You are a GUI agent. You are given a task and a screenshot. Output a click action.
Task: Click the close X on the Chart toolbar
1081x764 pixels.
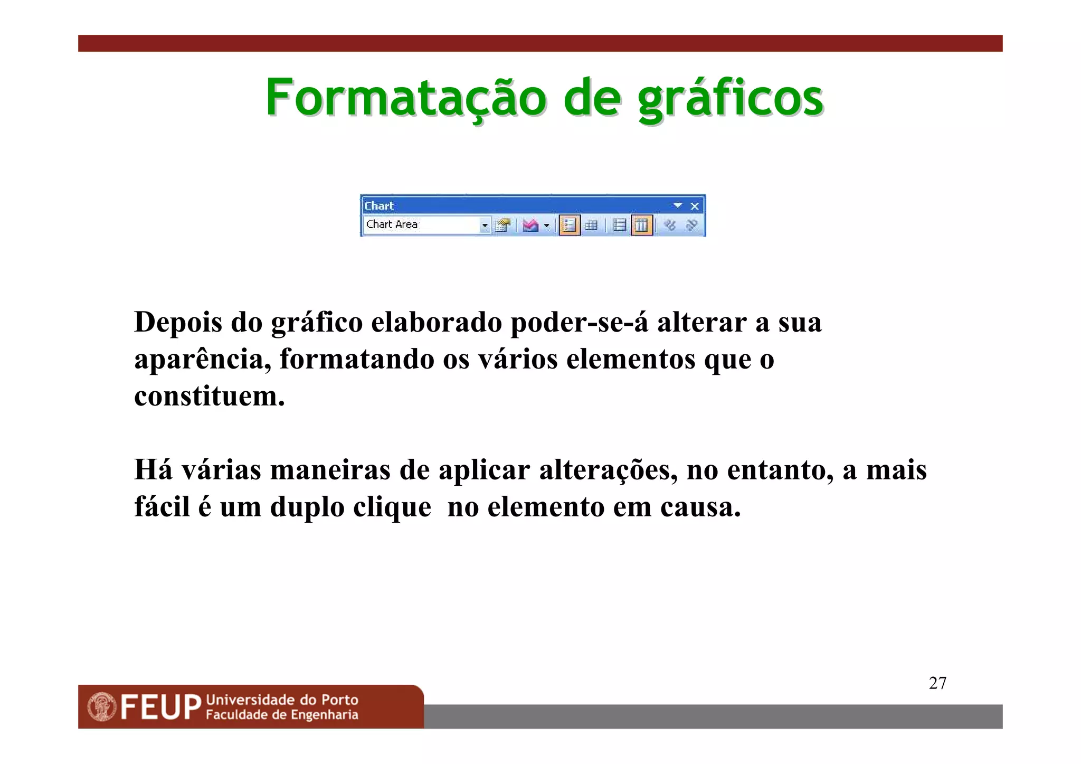tap(695, 206)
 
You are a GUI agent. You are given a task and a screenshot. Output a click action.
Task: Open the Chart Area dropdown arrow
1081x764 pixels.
tap(485, 226)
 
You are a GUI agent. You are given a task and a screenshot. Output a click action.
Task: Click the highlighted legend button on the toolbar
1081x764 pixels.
tap(569, 225)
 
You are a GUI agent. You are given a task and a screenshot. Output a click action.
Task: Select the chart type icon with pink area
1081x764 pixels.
tap(530, 225)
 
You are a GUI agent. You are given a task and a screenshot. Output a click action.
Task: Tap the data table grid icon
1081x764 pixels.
tap(591, 225)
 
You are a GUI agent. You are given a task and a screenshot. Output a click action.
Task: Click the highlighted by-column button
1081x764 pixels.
tap(641, 225)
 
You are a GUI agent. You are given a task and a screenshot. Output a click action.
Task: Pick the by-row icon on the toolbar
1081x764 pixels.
tap(619, 225)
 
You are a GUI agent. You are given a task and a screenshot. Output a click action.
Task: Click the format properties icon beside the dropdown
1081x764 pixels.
tap(503, 225)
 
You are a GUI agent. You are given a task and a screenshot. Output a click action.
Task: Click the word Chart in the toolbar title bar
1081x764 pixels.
tap(379, 206)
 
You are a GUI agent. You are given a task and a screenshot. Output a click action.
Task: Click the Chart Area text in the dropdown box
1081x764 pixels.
tap(392, 224)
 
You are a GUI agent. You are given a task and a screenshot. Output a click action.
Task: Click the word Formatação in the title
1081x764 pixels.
tap(406, 98)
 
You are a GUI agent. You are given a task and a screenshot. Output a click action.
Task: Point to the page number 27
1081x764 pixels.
tap(937, 683)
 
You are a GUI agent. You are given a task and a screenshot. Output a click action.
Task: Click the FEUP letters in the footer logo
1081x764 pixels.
tap(160, 708)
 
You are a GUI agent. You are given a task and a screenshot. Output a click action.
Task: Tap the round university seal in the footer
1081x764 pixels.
tap(102, 707)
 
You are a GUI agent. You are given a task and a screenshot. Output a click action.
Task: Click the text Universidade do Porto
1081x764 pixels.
tap(282, 700)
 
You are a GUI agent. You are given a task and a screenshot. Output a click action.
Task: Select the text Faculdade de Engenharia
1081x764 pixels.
tap(282, 715)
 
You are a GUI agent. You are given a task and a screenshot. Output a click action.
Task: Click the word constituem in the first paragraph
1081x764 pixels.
tap(210, 396)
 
